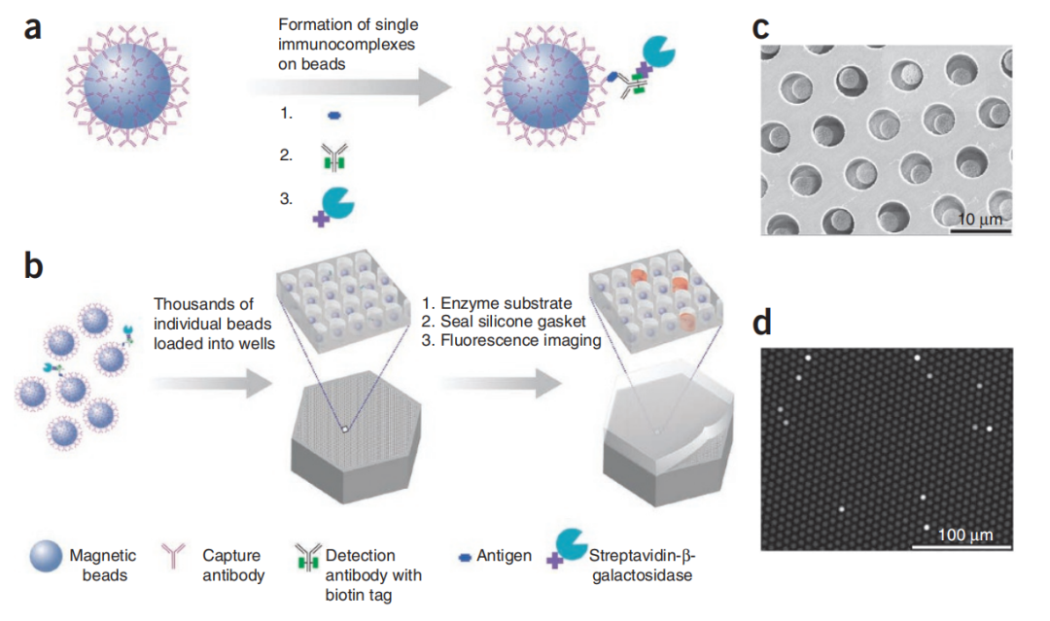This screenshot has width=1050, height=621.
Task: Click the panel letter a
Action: (33, 28)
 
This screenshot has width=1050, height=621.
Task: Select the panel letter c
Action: (765, 29)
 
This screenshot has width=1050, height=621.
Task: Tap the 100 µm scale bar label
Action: (964, 534)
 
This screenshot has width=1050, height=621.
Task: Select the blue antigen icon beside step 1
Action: (332, 115)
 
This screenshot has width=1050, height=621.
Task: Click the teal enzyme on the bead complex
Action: (661, 53)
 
